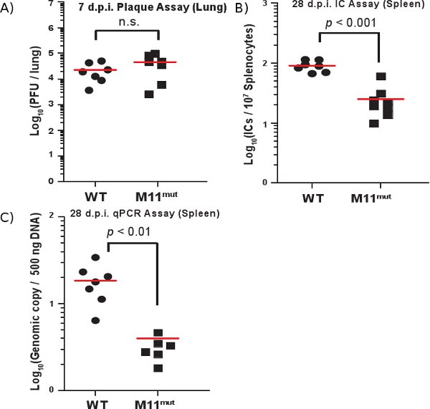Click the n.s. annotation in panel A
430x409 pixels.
click(x=127, y=21)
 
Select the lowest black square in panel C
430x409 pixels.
click(x=158, y=368)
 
